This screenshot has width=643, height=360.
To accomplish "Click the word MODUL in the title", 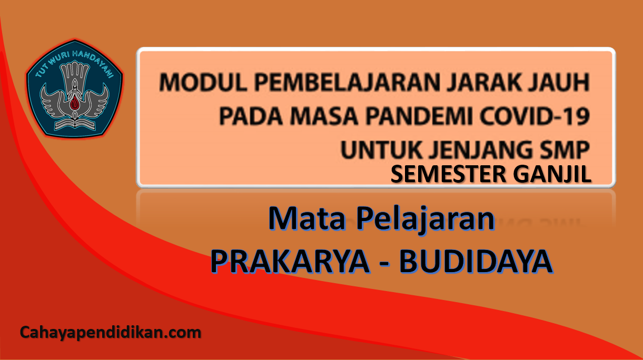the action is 203,82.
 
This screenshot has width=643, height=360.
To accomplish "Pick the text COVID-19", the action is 535,116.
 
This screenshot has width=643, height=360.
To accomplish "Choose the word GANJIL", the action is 552,174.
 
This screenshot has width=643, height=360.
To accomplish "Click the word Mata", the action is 307,219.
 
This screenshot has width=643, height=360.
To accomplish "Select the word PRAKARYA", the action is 290,262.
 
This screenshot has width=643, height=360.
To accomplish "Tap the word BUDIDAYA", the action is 476,262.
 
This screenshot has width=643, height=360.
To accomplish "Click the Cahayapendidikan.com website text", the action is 111,333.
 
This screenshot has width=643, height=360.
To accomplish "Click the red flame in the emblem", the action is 75,103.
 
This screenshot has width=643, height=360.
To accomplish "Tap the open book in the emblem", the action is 75,124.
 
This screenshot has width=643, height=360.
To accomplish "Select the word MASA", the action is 324,116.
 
